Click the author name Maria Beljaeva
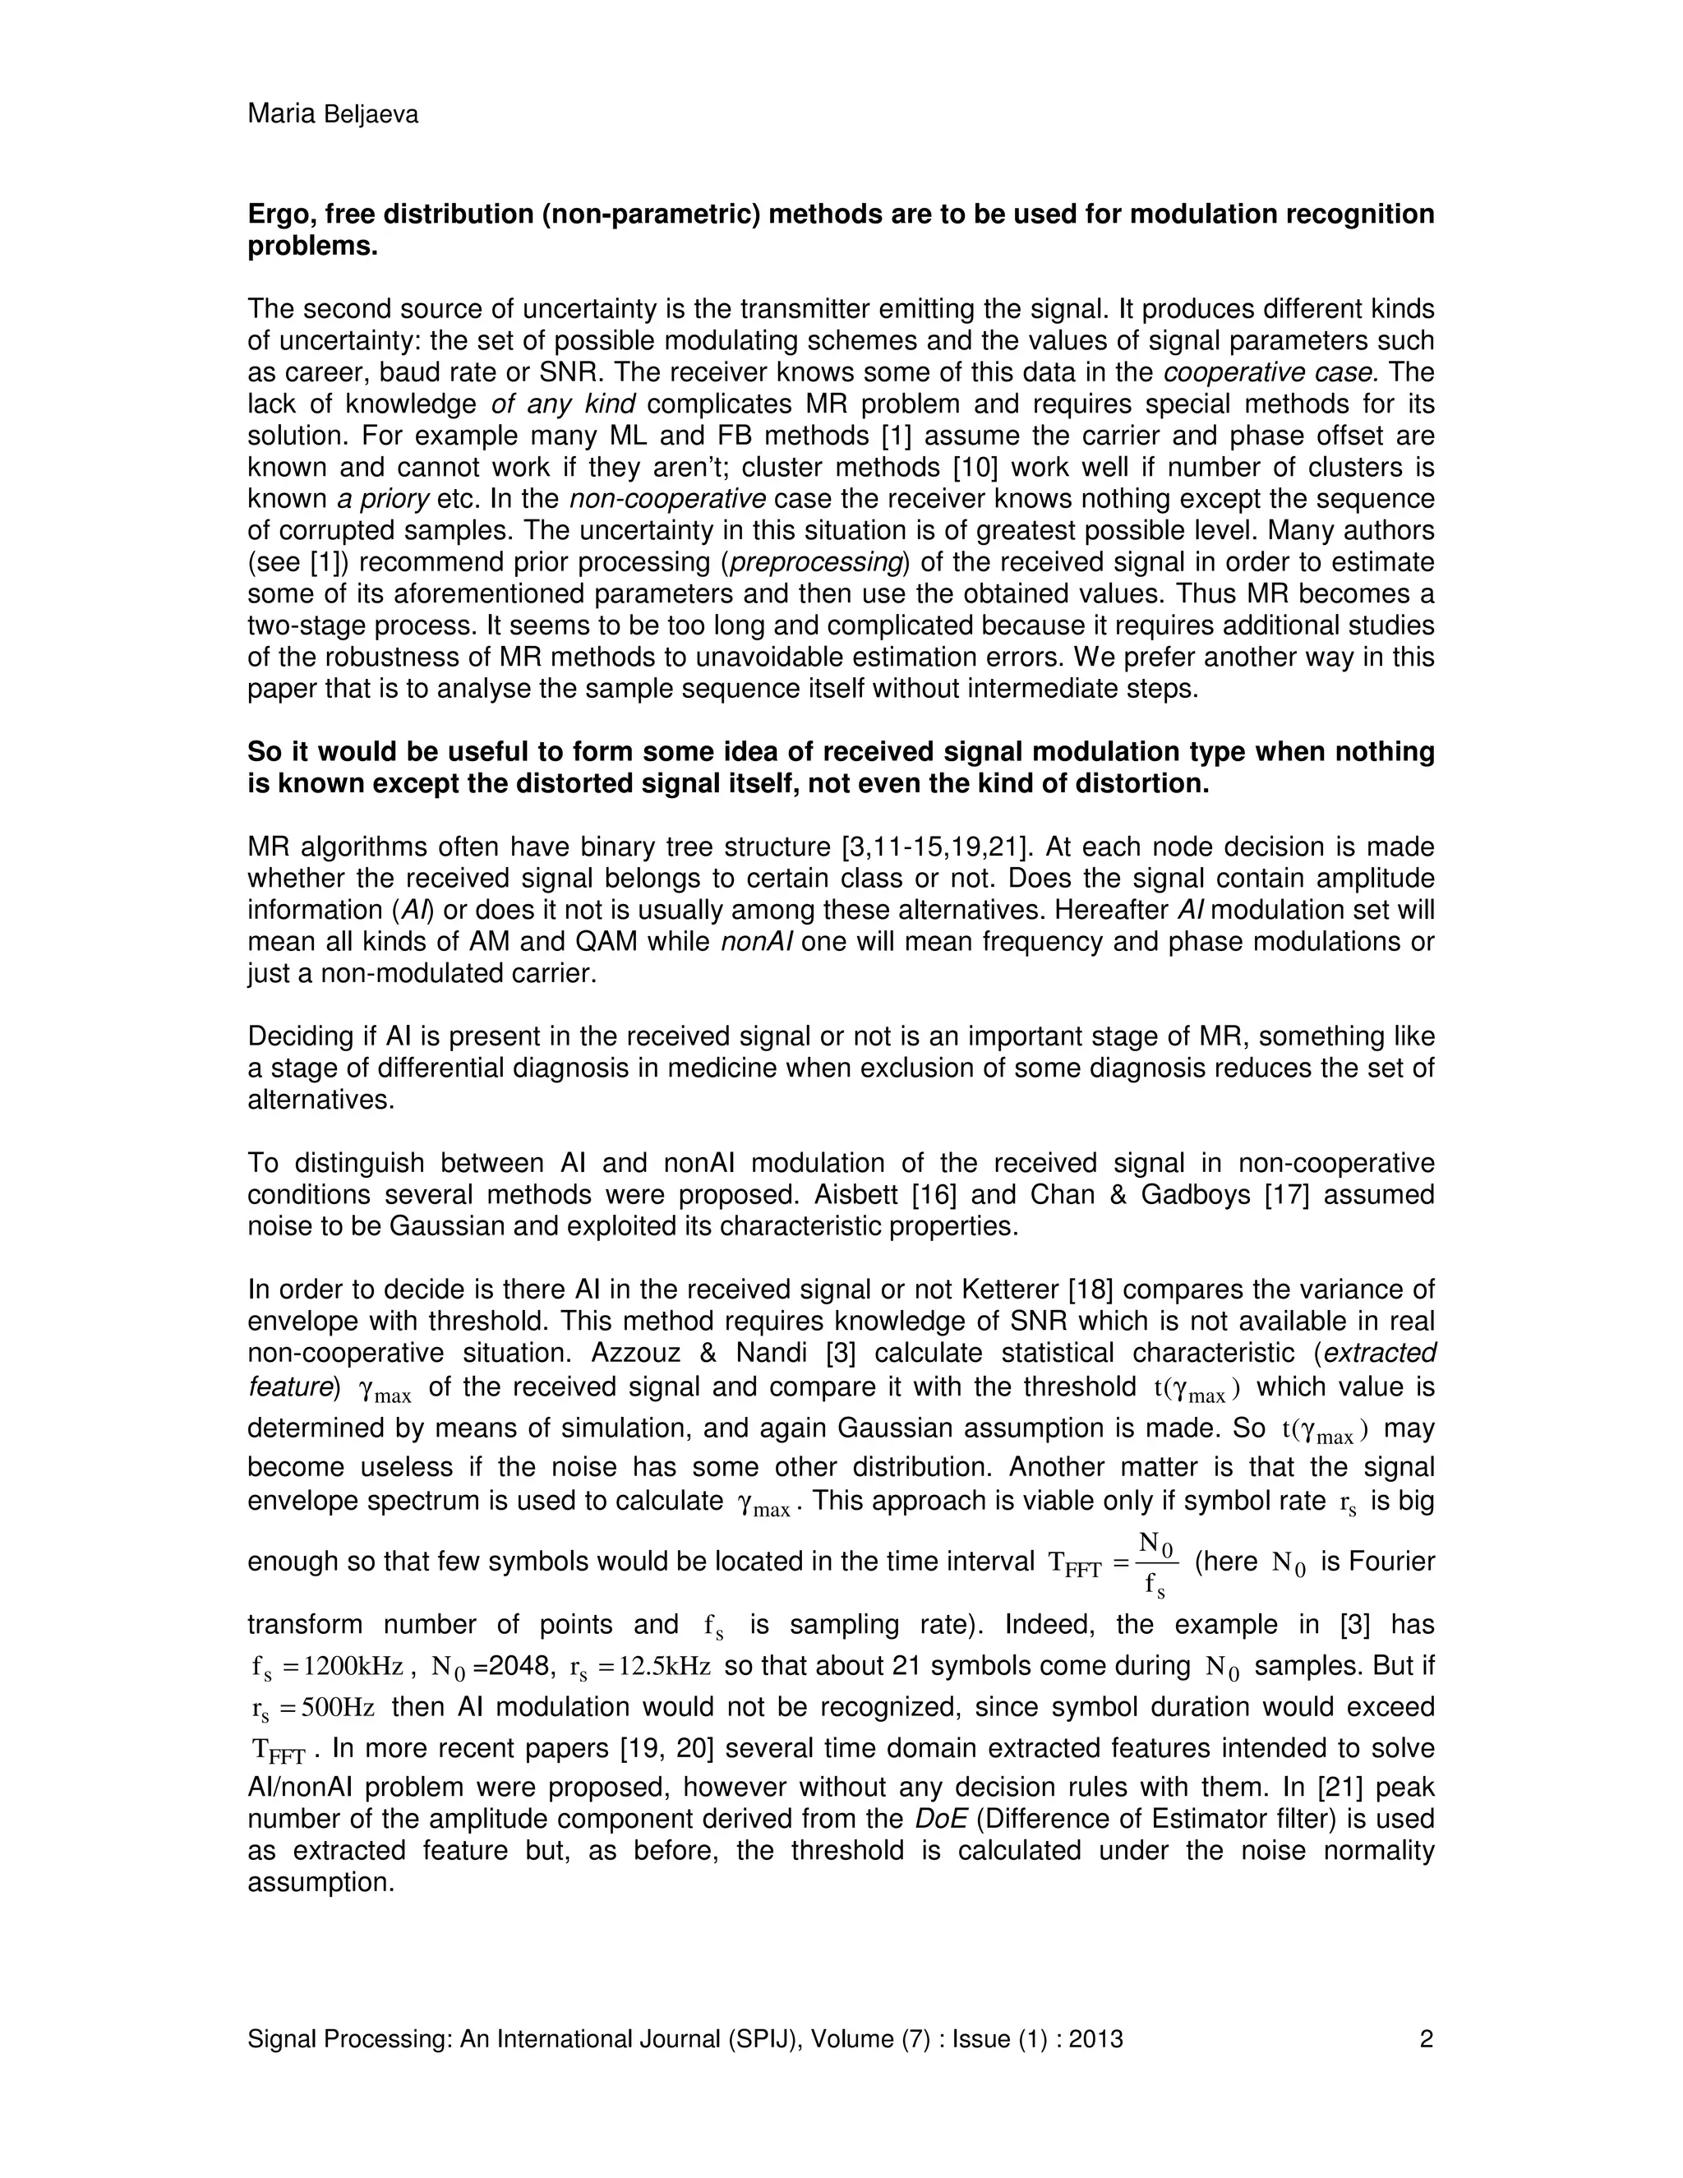coord(332,115)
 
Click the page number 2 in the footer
coord(1426,2039)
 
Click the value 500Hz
coord(337,1707)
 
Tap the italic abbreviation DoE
coord(940,1819)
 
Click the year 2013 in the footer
coord(1095,2039)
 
